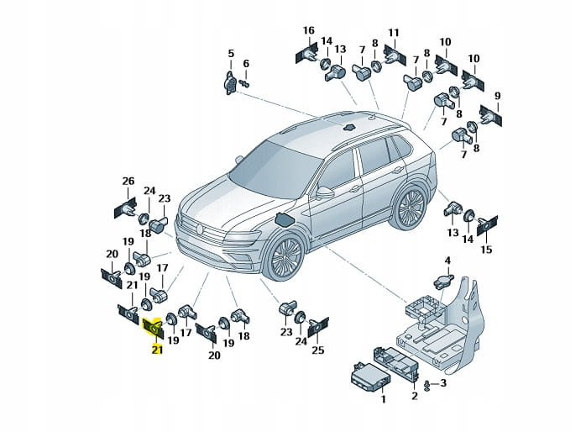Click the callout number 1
[383, 400]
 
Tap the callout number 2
[414, 396]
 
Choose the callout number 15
[487, 250]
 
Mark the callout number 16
[309, 31]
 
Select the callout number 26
[128, 182]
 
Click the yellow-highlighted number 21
[156, 349]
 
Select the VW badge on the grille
[200, 227]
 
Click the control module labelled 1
[366, 376]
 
